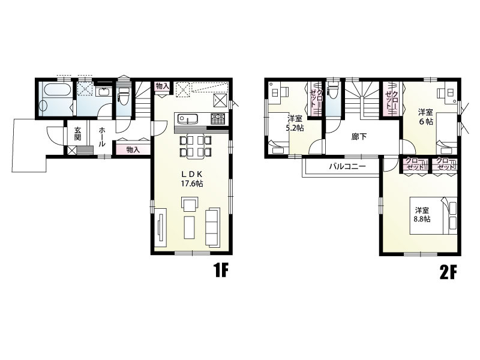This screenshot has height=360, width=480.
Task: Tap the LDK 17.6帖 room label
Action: (x=192, y=179)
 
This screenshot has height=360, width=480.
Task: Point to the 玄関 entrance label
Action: (x=78, y=133)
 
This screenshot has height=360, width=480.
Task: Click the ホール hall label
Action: (x=102, y=137)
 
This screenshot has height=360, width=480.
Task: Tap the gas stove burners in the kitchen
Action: (x=218, y=118)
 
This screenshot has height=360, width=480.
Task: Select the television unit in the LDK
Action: (x=160, y=227)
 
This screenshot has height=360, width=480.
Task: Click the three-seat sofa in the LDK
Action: (x=212, y=227)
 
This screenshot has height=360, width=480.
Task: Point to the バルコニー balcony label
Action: (x=347, y=167)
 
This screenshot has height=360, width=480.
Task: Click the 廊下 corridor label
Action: (x=359, y=137)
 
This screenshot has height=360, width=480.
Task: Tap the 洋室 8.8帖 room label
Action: (x=422, y=215)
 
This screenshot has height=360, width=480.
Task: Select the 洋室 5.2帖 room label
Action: (x=295, y=123)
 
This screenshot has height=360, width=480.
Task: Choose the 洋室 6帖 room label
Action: (x=426, y=116)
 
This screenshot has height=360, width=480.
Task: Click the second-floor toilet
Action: (x=332, y=91)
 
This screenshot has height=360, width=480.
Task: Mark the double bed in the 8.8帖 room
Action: (x=433, y=215)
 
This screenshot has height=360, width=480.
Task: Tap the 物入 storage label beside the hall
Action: (x=133, y=149)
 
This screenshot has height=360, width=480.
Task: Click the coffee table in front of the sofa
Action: (x=190, y=227)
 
